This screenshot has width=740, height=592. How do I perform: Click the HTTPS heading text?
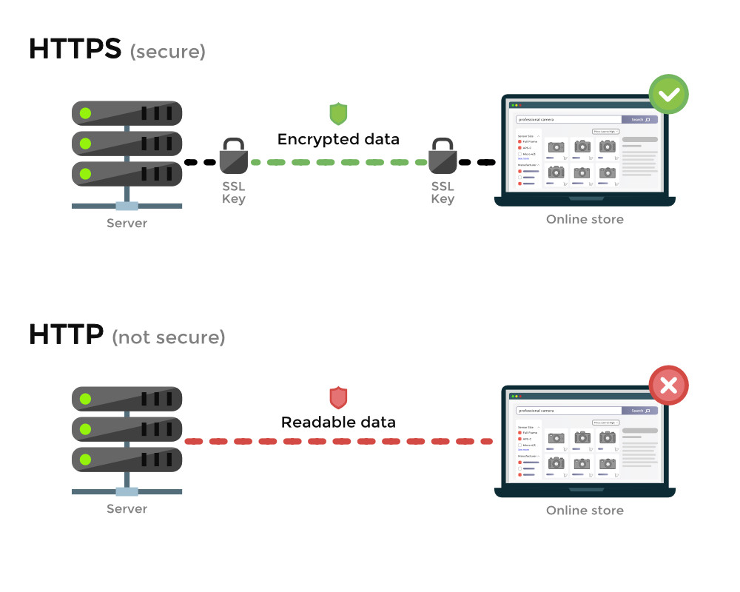pos(74,49)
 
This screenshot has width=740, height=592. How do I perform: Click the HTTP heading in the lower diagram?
pos(66,334)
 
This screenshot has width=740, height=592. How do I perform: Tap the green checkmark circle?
pos(668,95)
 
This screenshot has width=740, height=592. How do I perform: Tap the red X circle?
pos(668,386)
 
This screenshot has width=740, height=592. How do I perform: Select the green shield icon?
pos(338,113)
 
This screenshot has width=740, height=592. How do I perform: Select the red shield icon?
pos(338,397)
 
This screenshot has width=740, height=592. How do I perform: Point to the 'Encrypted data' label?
pos(338,139)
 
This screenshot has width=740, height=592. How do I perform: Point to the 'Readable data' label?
pos(338,423)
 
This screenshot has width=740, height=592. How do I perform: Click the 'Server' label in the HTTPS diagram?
pos(127,223)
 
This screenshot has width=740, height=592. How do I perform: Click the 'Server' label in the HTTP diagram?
pos(127,508)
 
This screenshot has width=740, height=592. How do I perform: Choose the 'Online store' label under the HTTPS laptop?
pos(585,219)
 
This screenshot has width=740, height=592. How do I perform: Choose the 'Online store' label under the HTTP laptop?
pos(585,510)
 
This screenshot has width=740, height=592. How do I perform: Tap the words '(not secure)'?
pos(168,337)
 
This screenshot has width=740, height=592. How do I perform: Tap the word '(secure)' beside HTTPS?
pos(167,52)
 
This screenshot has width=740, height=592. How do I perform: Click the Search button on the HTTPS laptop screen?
pos(639,119)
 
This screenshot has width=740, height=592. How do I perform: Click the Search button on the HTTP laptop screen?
pos(639,410)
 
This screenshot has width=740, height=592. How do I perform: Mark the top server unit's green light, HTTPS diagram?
pos(86,113)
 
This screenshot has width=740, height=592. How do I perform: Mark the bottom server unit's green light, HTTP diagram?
pos(86,460)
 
